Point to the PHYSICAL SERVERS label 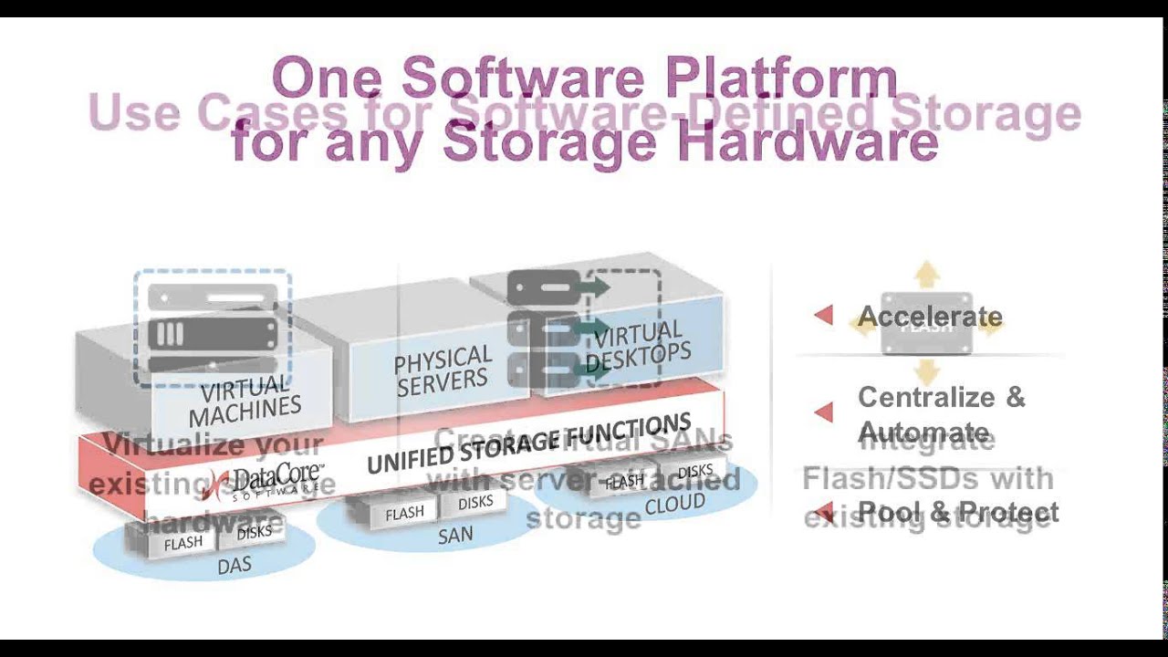[x=443, y=370]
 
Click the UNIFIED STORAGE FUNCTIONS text [x=529, y=443]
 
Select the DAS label [x=234, y=566]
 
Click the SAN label [x=454, y=536]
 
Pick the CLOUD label [x=674, y=504]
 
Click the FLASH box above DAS [x=183, y=543]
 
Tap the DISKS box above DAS [x=254, y=532]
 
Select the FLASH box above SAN [x=404, y=514]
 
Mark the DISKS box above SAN [x=475, y=502]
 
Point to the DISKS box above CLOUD [x=695, y=471]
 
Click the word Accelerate [x=930, y=317]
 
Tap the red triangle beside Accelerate [x=824, y=316]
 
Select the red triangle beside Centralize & [x=824, y=412]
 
